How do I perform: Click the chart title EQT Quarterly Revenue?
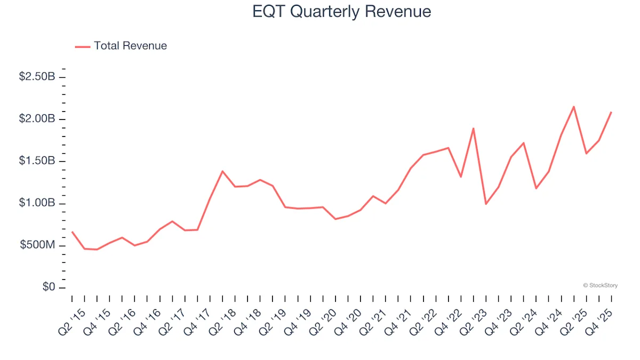click(x=341, y=12)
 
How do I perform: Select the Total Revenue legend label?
click(x=130, y=46)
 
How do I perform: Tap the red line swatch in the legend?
click(x=83, y=46)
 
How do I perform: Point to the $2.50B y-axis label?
click(x=37, y=77)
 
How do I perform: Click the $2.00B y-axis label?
click(x=37, y=119)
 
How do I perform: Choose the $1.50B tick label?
click(x=37, y=161)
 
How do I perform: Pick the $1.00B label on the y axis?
click(x=37, y=203)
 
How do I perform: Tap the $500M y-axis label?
click(x=38, y=245)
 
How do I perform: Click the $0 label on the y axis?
click(x=49, y=287)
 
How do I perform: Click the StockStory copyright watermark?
click(x=600, y=286)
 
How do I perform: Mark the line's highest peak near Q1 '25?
click(x=573, y=107)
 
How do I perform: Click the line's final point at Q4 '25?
click(x=611, y=112)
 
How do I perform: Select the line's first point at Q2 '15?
click(x=72, y=231)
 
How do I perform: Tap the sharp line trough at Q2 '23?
click(x=486, y=204)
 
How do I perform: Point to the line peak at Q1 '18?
click(x=222, y=171)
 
